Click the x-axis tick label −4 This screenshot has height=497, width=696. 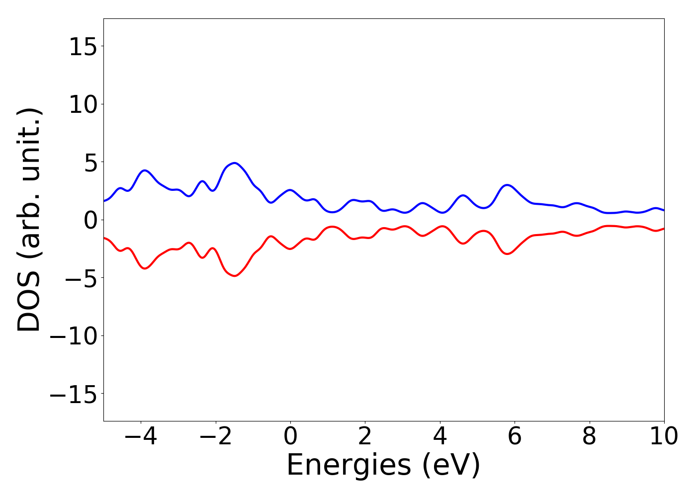tap(141, 437)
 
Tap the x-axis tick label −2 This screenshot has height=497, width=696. tap(215, 437)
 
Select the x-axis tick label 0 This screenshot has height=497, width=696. tap(290, 437)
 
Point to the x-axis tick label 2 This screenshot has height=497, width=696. tap(365, 437)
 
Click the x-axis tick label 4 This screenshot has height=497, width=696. tap(440, 437)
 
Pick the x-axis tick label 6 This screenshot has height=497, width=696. tap(515, 437)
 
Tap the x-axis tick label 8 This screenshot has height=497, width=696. tap(589, 437)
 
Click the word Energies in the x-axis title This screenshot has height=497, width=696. tap(348, 465)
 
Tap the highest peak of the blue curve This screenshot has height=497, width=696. tap(235, 163)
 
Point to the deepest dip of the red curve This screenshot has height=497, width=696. tap(235, 276)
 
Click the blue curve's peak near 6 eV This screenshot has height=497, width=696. tap(507, 185)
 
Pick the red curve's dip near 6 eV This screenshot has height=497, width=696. tap(507, 254)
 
